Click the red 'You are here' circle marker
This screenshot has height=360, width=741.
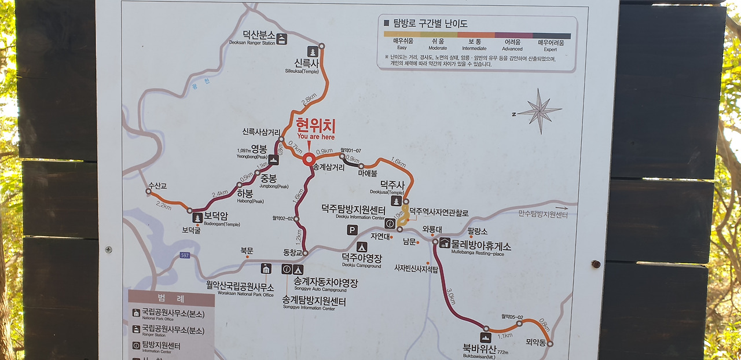coord(309,159)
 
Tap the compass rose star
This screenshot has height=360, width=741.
coord(540,111)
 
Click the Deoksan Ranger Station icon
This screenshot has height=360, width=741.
coord(282,39)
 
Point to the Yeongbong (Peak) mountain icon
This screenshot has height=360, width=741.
coord(273,160)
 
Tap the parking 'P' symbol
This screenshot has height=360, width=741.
coord(352,230)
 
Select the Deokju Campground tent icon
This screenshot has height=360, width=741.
coord(362,247)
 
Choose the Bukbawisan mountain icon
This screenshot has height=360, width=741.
coord(485,337)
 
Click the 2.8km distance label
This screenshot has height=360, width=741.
coord(309,100)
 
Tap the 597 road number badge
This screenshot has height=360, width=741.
coord(185,255)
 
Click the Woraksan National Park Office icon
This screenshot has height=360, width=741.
coord(266,269)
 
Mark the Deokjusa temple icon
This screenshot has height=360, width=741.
coord(397,201)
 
